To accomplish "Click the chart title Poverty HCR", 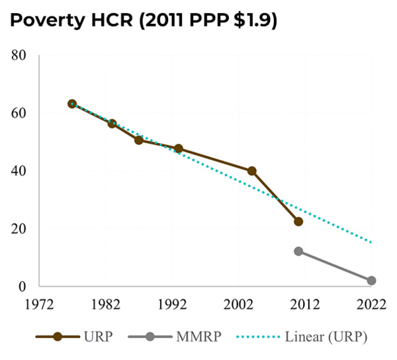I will tap(143, 21).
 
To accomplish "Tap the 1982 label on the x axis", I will tap(106, 306).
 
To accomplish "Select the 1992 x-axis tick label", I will tap(172, 306).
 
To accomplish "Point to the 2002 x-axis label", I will tap(239, 306).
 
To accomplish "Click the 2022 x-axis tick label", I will tap(371, 306).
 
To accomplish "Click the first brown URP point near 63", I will tap(72, 104).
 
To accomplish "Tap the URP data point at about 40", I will tap(252, 171).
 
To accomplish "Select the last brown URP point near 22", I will tap(298, 222).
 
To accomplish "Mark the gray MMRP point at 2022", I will tap(371, 281).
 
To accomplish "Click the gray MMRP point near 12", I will tap(298, 251).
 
